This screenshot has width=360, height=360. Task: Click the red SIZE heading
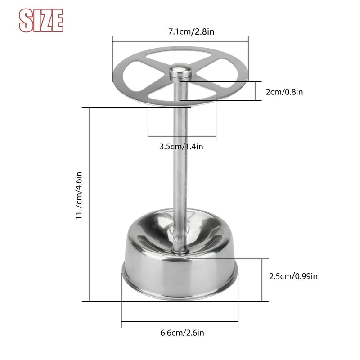40,20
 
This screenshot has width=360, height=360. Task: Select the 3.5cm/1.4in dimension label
182,146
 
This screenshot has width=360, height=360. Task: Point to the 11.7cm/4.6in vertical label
79,196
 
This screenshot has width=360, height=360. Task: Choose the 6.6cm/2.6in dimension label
182,333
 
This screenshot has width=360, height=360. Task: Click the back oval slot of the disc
180,57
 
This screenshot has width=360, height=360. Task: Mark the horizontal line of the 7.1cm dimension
180,41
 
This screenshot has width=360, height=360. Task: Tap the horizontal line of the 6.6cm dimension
180,321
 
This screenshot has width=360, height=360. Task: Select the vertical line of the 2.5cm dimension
262,279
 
